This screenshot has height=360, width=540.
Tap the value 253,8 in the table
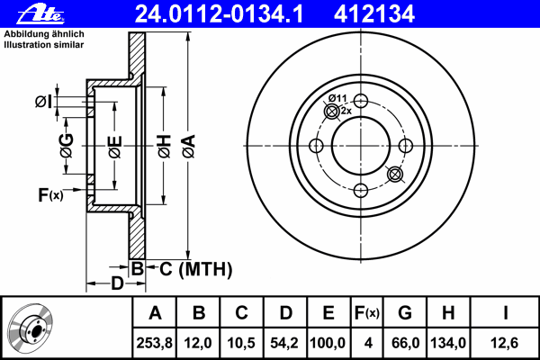[155, 343]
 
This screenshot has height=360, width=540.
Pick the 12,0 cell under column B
[199, 343]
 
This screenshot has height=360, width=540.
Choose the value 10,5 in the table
[241, 343]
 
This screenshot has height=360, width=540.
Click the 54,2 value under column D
[284, 343]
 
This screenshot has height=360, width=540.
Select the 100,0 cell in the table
[328, 343]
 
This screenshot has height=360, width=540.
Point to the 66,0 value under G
[405, 343]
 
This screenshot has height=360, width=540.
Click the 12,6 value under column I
[506, 343]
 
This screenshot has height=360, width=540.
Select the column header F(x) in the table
[366, 313]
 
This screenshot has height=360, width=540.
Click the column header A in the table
[155, 313]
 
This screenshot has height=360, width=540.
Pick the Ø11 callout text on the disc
[337, 98]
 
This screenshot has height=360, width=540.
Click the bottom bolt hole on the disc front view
[360, 190]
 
